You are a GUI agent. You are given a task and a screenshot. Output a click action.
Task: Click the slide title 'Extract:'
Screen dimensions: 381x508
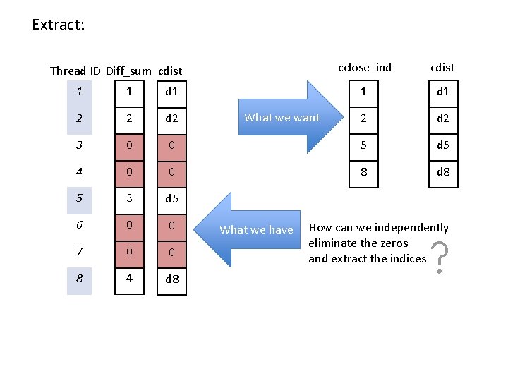click(58, 25)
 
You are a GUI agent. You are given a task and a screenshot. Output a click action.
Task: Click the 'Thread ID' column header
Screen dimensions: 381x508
click(76, 71)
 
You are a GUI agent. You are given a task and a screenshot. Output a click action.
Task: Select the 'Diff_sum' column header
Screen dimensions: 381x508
click(128, 71)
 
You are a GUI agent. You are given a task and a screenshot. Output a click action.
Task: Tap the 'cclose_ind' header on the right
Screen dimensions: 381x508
click(364, 68)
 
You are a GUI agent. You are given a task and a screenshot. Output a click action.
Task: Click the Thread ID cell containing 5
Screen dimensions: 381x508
click(80, 198)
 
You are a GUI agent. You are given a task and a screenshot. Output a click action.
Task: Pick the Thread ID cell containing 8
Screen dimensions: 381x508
click(80, 279)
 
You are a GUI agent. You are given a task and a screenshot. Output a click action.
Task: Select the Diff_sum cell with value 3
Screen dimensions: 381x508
click(128, 198)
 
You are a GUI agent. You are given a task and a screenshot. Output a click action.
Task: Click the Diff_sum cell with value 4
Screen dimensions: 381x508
click(128, 279)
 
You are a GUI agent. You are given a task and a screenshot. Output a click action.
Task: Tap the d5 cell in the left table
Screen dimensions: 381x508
click(171, 198)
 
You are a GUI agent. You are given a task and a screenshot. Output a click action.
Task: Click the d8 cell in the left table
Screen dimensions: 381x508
click(171, 279)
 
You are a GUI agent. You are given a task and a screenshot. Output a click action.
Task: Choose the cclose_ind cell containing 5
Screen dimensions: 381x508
click(364, 145)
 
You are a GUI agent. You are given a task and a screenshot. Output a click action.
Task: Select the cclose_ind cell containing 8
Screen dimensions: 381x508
click(364, 171)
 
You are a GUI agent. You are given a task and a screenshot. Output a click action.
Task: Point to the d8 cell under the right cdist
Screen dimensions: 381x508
click(443, 171)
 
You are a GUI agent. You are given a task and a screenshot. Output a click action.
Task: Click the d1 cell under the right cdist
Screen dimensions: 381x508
click(443, 91)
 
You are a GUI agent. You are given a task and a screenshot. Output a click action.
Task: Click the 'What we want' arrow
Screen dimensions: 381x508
click(282, 118)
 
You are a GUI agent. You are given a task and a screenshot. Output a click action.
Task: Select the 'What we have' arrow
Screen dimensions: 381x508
click(255, 229)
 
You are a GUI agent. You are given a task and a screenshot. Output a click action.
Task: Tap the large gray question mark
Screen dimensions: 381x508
click(439, 258)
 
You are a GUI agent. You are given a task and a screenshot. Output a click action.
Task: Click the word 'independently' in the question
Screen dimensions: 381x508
click(411, 227)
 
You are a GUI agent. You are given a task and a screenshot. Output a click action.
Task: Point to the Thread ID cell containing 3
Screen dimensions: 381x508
click(80, 145)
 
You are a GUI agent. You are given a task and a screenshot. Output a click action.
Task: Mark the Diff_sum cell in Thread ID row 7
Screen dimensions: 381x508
click(128, 252)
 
